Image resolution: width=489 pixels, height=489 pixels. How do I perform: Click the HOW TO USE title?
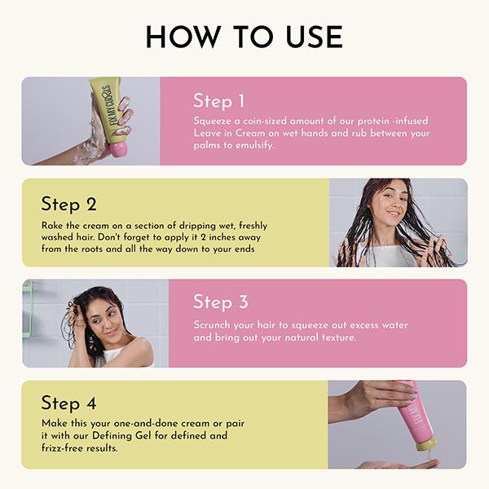click(x=244, y=37)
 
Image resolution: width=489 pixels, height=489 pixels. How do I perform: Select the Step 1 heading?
click(x=218, y=101)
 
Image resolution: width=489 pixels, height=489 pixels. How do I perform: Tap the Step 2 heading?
click(x=68, y=204)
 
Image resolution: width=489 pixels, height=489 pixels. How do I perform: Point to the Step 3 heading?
click(x=220, y=302)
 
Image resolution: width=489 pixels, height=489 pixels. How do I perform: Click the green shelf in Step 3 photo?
click(x=27, y=310)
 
